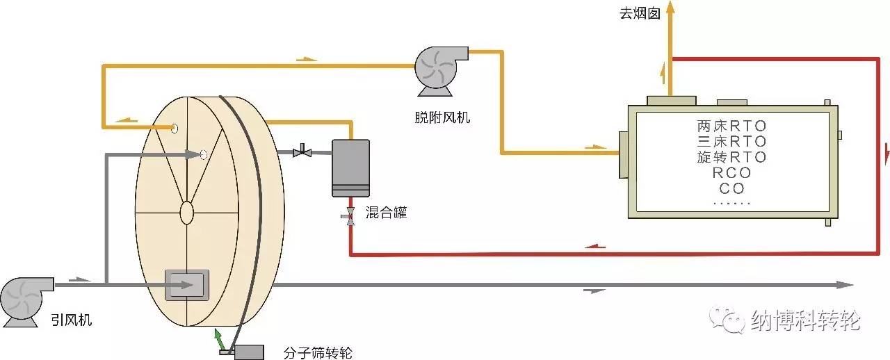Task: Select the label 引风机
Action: (x=72, y=320)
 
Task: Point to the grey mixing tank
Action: (x=350, y=167)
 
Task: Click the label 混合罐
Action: (x=386, y=213)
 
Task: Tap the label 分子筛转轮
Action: (x=318, y=352)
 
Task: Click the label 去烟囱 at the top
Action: (x=639, y=13)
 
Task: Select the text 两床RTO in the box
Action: (x=731, y=126)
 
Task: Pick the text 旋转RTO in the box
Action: (x=731, y=157)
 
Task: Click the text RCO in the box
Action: (x=731, y=173)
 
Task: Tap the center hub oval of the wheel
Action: (x=186, y=212)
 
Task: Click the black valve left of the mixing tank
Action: (x=302, y=151)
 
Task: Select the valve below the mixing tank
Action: (x=350, y=215)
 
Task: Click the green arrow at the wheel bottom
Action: (x=220, y=339)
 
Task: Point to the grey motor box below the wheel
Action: (x=249, y=352)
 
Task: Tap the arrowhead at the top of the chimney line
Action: (x=670, y=7)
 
